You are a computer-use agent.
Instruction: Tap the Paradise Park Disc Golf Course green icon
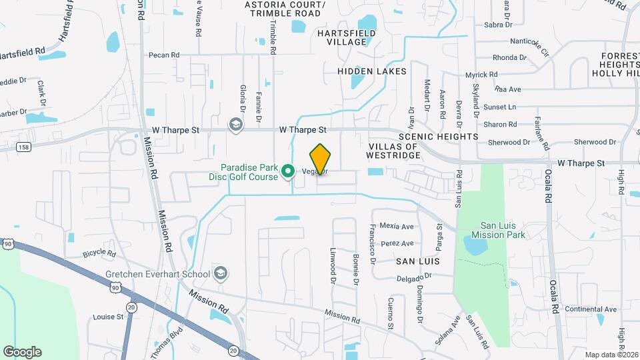coord(289,172)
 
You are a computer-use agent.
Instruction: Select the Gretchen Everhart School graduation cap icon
coord(221,274)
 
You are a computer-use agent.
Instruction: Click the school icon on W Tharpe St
coord(235,125)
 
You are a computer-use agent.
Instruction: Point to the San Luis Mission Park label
coord(498,231)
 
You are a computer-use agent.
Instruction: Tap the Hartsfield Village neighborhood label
coord(342,37)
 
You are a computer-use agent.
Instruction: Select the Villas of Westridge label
coord(394,151)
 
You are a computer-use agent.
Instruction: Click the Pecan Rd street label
coord(164,55)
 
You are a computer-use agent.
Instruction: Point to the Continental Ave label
coord(591,309)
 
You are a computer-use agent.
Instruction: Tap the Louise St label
coord(109,317)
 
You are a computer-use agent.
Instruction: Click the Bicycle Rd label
coord(99,254)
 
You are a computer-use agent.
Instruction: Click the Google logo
coord(22,352)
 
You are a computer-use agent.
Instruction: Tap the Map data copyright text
coord(611,355)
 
